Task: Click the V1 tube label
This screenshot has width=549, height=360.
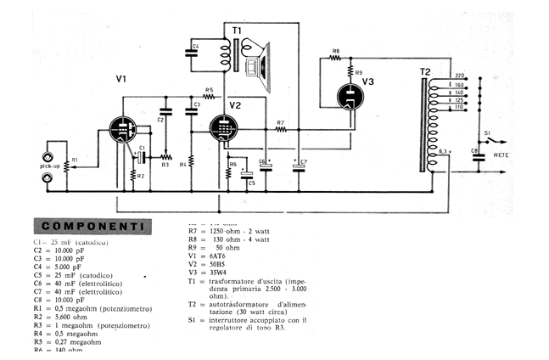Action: tap(121, 79)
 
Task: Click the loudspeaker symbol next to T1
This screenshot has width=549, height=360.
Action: tap(261, 65)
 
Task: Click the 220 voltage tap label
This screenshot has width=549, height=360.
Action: tap(459, 76)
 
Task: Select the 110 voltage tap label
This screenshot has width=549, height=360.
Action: tap(459, 107)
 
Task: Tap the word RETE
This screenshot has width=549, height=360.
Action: tap(501, 155)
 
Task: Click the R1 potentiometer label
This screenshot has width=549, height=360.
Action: tap(74, 160)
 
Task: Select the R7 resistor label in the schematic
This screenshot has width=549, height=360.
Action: tap(279, 123)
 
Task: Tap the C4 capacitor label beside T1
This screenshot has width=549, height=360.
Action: tap(195, 45)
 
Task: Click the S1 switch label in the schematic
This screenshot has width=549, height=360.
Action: tap(486, 132)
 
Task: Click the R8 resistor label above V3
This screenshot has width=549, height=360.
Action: tap(335, 51)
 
